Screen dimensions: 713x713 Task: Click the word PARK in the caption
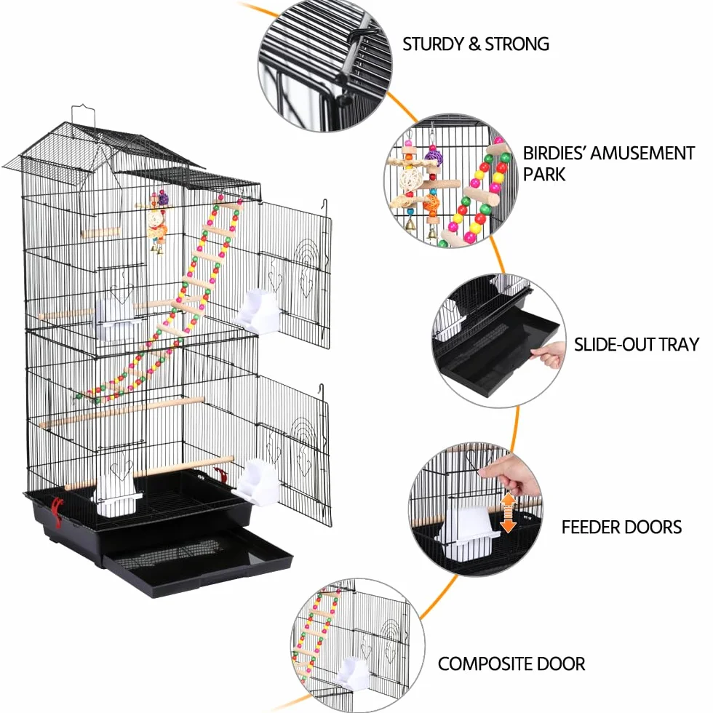(x=544, y=174)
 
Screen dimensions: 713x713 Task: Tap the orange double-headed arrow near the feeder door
(x=508, y=512)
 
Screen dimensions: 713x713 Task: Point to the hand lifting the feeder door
(x=511, y=475)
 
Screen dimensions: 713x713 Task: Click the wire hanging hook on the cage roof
(x=83, y=117)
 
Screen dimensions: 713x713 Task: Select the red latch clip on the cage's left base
(x=57, y=511)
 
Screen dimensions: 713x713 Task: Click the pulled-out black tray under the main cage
(x=199, y=562)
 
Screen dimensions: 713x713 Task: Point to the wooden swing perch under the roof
(x=101, y=234)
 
